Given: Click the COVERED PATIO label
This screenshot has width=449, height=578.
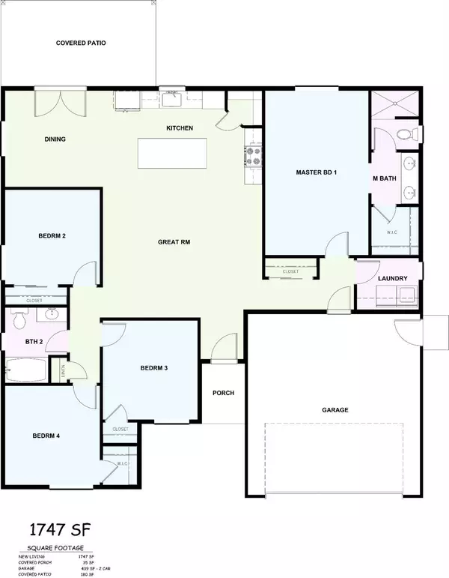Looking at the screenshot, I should coord(81,43).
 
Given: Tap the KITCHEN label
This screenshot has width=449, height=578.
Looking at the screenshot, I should coord(180,128).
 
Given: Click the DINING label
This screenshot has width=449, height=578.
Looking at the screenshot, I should coord(55,139).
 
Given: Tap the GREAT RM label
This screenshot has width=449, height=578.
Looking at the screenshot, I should coord(174,242).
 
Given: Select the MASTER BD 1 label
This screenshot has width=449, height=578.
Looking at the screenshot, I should coord(317,172).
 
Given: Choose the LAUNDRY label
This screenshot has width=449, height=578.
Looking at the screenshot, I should coord(392,279).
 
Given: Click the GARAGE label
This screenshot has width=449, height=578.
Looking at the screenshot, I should coord(335,409).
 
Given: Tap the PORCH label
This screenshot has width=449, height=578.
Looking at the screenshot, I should coord(223,393).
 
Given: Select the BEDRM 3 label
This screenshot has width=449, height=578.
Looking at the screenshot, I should coord(153,367).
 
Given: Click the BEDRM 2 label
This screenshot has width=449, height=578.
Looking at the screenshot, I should coord(52,235).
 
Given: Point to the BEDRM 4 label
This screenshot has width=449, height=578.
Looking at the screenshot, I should coord(46,436).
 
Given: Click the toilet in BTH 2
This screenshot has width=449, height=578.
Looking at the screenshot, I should coord(19,321).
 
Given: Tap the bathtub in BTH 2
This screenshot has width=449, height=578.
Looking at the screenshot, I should coord(27,370).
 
